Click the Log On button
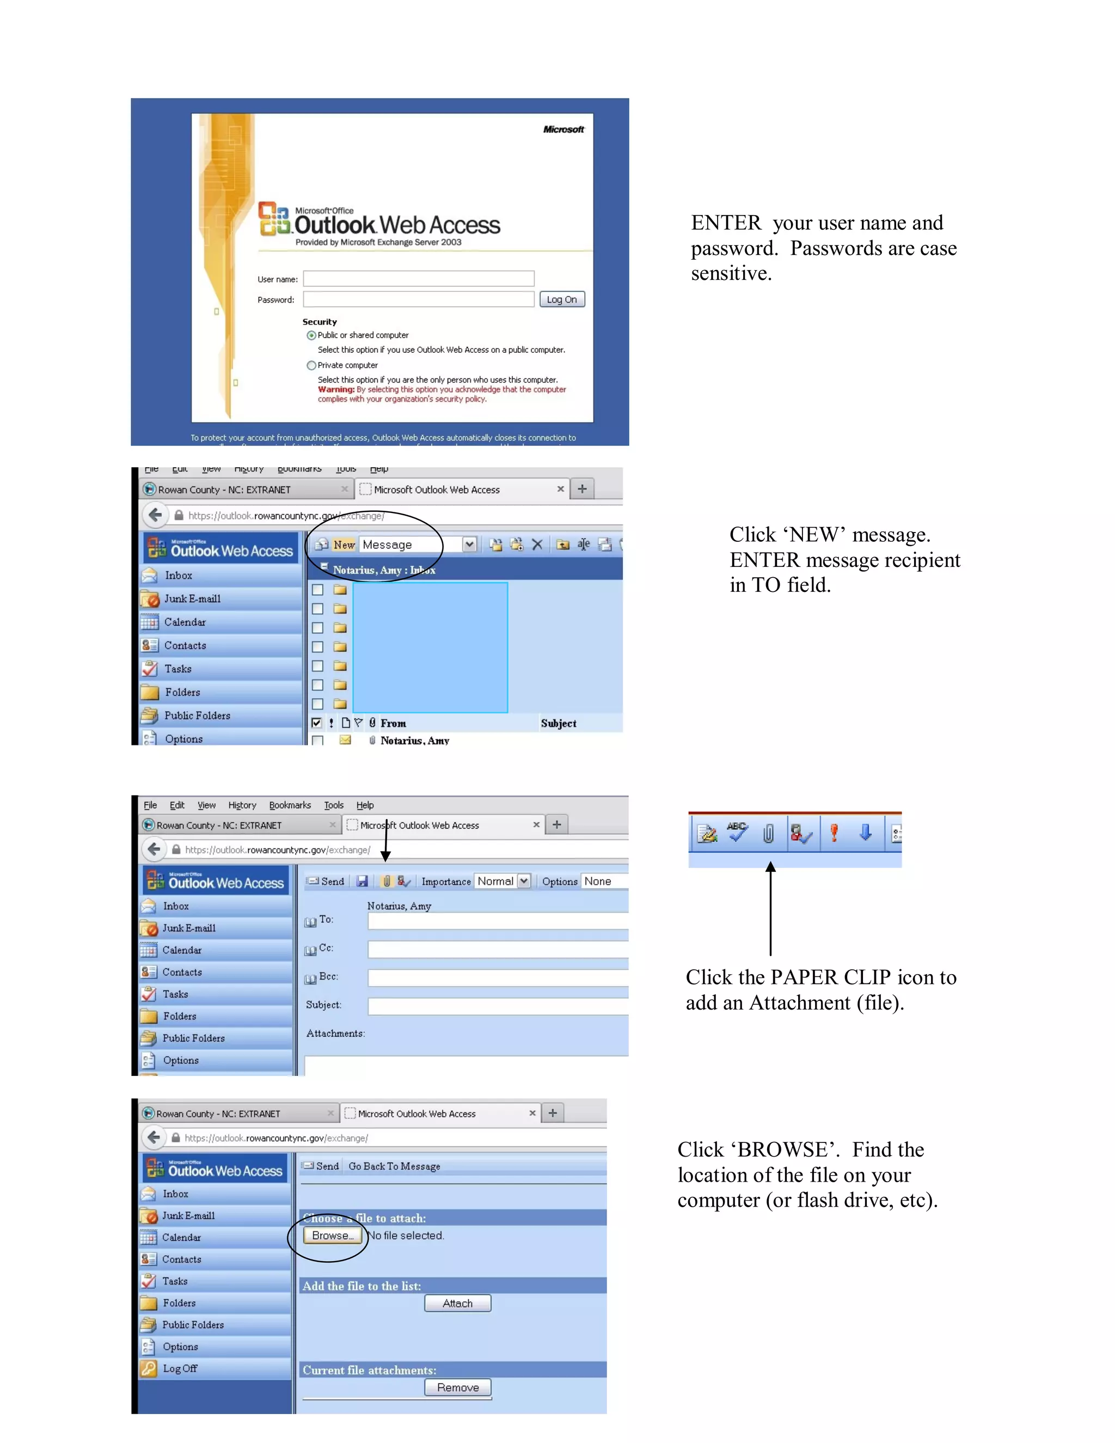tap(561, 299)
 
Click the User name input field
tap(418, 279)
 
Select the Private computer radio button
tap(311, 365)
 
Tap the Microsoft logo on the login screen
tap(563, 130)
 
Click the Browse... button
tap(333, 1236)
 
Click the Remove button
tap(458, 1387)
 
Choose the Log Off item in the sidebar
tap(180, 1368)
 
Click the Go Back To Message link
tap(394, 1166)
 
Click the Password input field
tap(418, 299)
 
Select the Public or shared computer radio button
tap(311, 335)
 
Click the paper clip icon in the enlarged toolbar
tap(768, 834)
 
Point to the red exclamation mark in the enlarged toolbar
tap(834, 833)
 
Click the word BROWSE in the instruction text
tap(782, 1149)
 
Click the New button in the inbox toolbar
tap(344, 545)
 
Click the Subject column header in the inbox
tap(558, 724)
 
